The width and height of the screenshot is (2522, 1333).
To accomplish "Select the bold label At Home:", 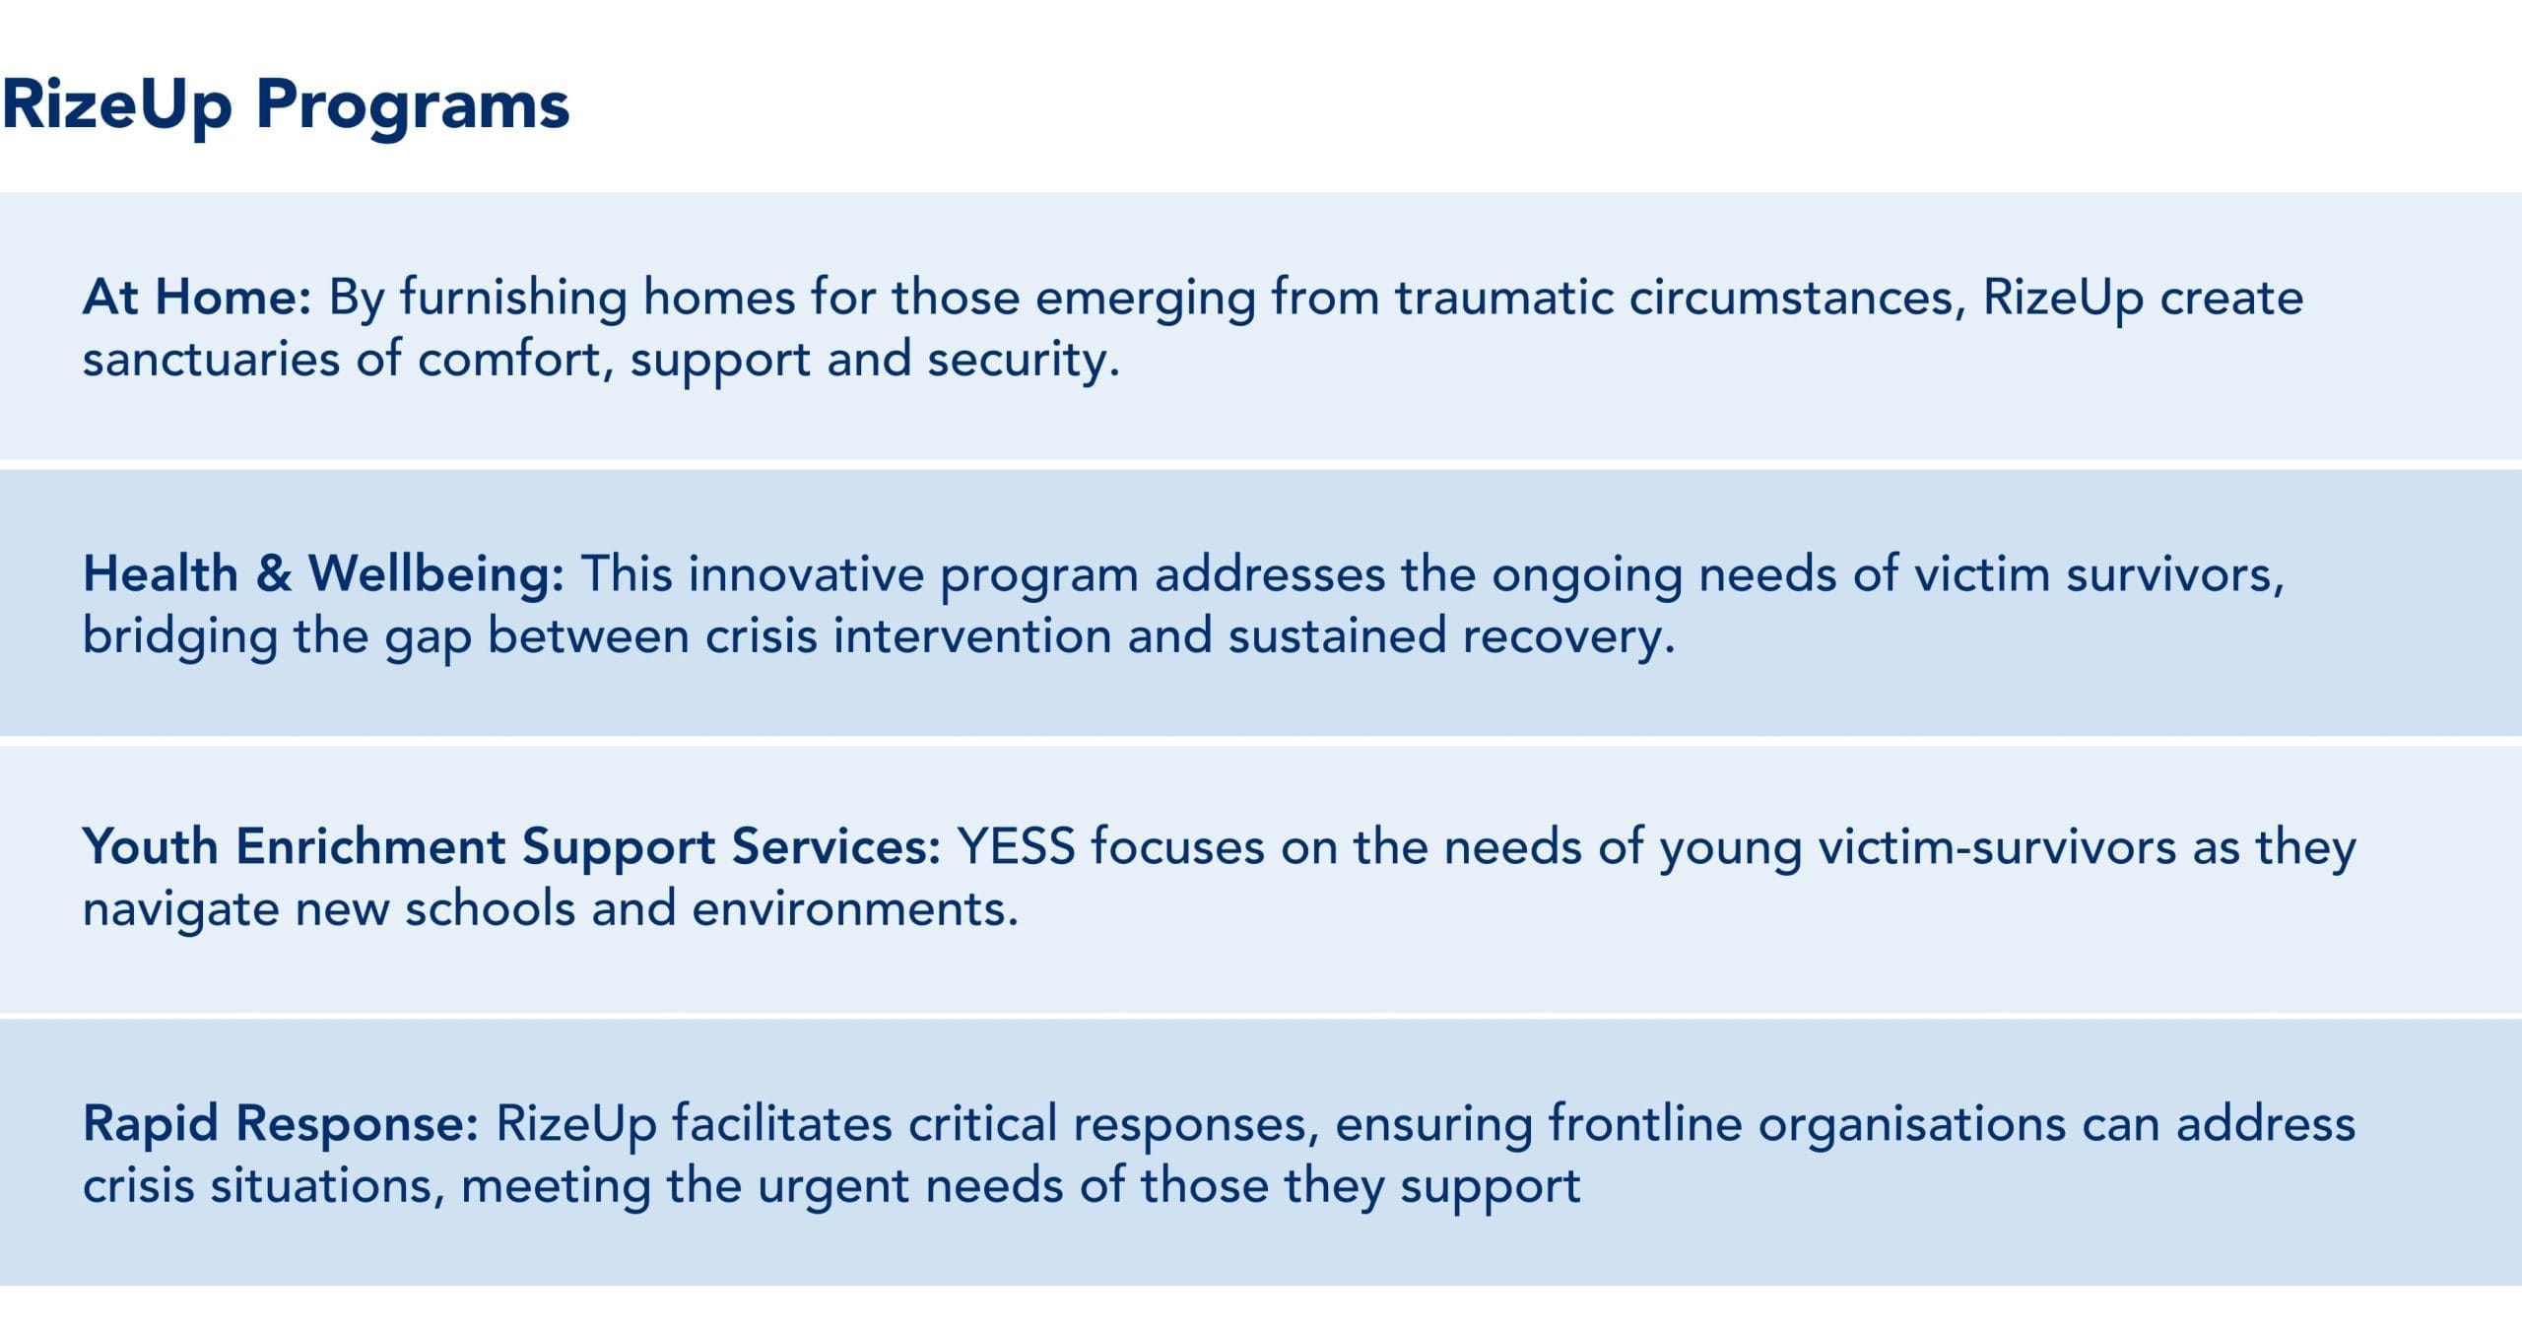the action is [x=197, y=297].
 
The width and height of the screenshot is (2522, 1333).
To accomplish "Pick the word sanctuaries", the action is [x=211, y=359].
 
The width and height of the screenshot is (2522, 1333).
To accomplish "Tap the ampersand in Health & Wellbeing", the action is [x=274, y=574].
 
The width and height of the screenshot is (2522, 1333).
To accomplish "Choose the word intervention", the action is [x=972, y=636].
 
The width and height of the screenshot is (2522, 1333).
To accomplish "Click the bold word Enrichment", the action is [x=369, y=847].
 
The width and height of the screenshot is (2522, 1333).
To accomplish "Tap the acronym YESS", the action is [x=1016, y=847].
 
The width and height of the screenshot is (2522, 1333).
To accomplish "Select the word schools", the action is [x=490, y=908].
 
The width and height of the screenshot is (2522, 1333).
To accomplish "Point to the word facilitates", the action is [x=782, y=1124].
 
